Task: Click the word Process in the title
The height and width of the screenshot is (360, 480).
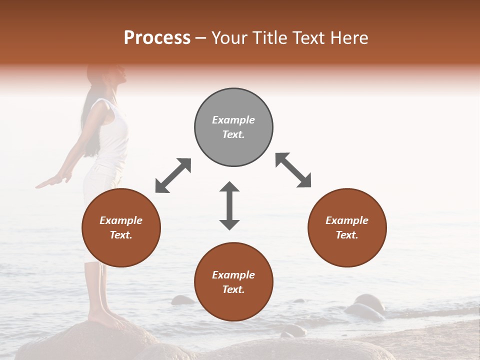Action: point(157,38)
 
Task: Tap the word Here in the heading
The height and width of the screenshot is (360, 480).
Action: point(348,38)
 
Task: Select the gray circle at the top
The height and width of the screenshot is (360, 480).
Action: point(233,127)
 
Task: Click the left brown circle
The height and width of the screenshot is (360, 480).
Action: point(121,228)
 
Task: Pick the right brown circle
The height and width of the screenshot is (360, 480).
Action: point(347,228)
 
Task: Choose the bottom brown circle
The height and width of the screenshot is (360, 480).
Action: point(233,282)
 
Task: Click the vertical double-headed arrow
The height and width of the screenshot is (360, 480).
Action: point(229,205)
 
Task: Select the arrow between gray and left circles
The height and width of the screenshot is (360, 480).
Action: point(173,175)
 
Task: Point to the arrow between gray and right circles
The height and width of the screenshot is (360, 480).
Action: point(293,170)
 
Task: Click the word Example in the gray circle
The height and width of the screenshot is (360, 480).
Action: point(233,120)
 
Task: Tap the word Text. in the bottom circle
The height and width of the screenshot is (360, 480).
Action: point(233,289)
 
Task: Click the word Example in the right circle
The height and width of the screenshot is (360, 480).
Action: point(347,220)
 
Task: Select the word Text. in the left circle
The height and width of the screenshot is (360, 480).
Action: point(121,235)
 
